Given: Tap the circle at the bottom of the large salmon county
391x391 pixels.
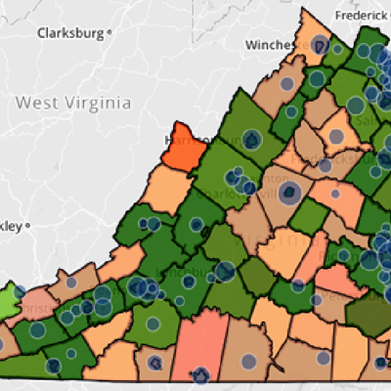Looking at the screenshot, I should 201,373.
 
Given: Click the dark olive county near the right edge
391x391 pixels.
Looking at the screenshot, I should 366,313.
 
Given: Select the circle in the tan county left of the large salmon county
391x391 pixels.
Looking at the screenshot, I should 154,365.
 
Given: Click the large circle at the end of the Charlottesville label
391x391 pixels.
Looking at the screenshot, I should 289,192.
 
